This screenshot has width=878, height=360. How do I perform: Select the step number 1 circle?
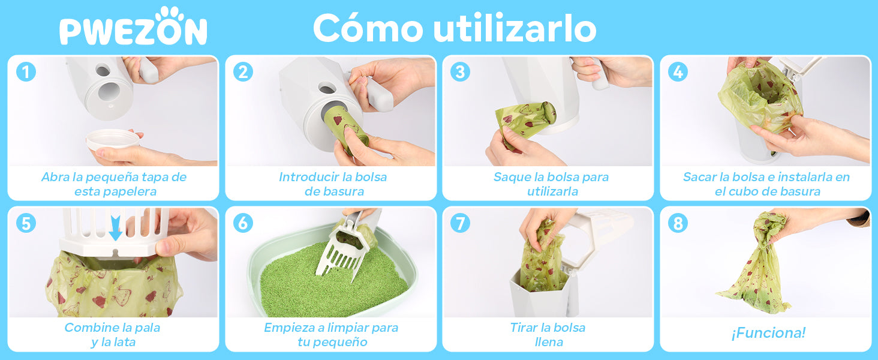coord(26,72)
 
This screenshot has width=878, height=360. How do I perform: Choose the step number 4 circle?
coord(678,72)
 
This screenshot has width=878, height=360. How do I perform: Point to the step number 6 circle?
coord(243,223)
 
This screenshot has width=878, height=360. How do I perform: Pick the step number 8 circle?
coord(678,223)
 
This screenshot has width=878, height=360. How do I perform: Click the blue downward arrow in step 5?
coord(115,227)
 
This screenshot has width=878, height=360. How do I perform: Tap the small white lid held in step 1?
coord(113,140)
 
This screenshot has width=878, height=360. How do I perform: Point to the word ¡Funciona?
coord(768,333)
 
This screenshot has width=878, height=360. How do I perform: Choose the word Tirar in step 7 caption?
coord(524,328)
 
